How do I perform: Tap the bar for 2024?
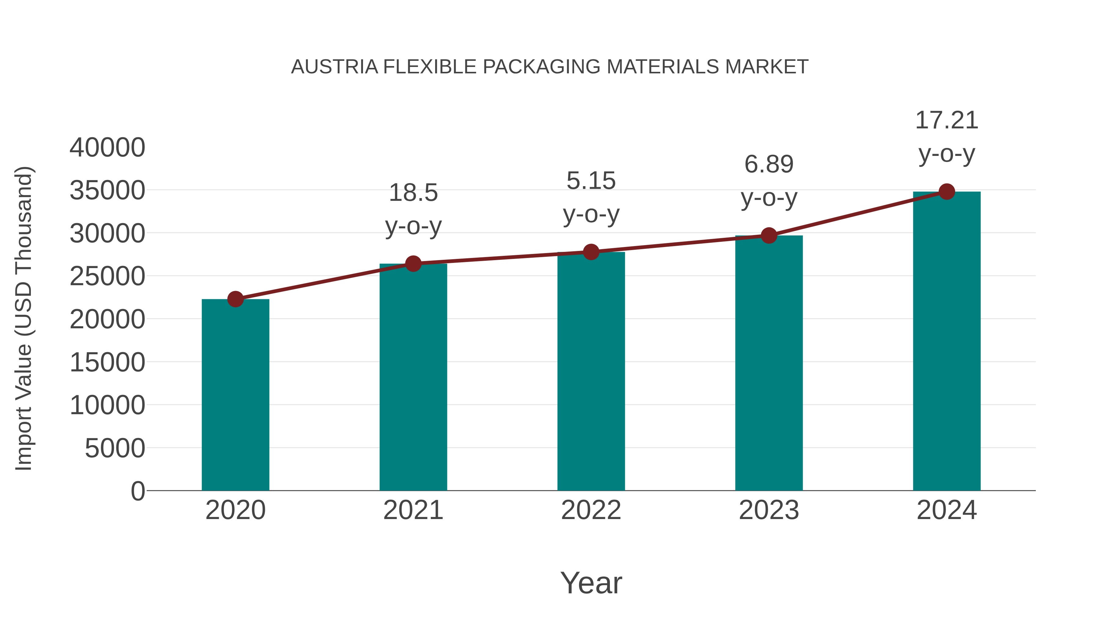947,342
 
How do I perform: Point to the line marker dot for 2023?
769,235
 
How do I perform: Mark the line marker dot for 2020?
235,299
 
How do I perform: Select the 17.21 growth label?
947,120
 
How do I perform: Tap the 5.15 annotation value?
591,181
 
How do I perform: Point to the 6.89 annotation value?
769,164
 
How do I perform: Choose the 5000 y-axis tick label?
115,448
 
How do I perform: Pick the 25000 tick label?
107,276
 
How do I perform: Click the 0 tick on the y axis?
137,491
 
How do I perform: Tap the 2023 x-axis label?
769,510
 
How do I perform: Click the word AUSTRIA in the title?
334,67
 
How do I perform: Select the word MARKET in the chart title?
767,67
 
